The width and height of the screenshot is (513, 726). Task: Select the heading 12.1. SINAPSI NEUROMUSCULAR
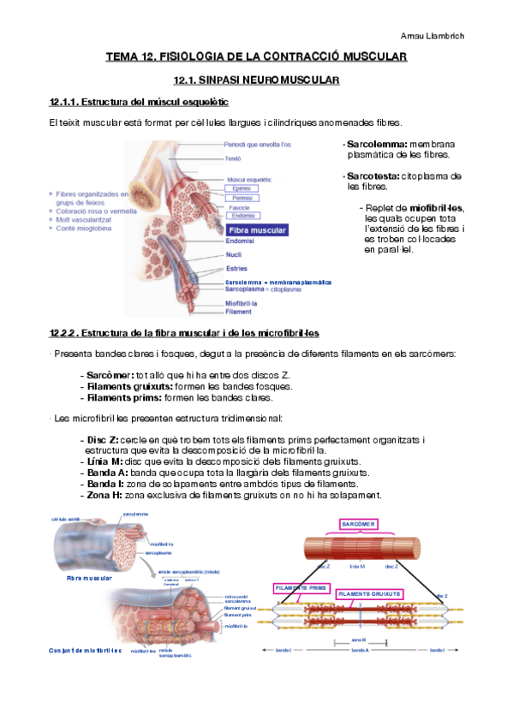(256, 80)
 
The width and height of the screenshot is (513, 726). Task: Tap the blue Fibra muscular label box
(257, 230)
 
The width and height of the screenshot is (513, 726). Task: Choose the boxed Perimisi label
(242, 198)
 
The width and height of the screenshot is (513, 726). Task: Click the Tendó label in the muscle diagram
(233, 158)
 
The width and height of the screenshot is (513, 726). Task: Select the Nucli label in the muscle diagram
(233, 254)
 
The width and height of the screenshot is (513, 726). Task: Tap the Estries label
(235, 268)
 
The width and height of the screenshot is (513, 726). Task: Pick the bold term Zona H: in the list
(104, 495)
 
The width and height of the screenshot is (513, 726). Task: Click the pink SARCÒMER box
(358, 523)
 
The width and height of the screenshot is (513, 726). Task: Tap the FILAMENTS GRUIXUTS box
(369, 594)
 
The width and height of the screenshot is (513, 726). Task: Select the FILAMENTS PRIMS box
(301, 588)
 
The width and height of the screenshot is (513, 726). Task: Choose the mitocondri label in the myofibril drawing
(236, 596)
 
